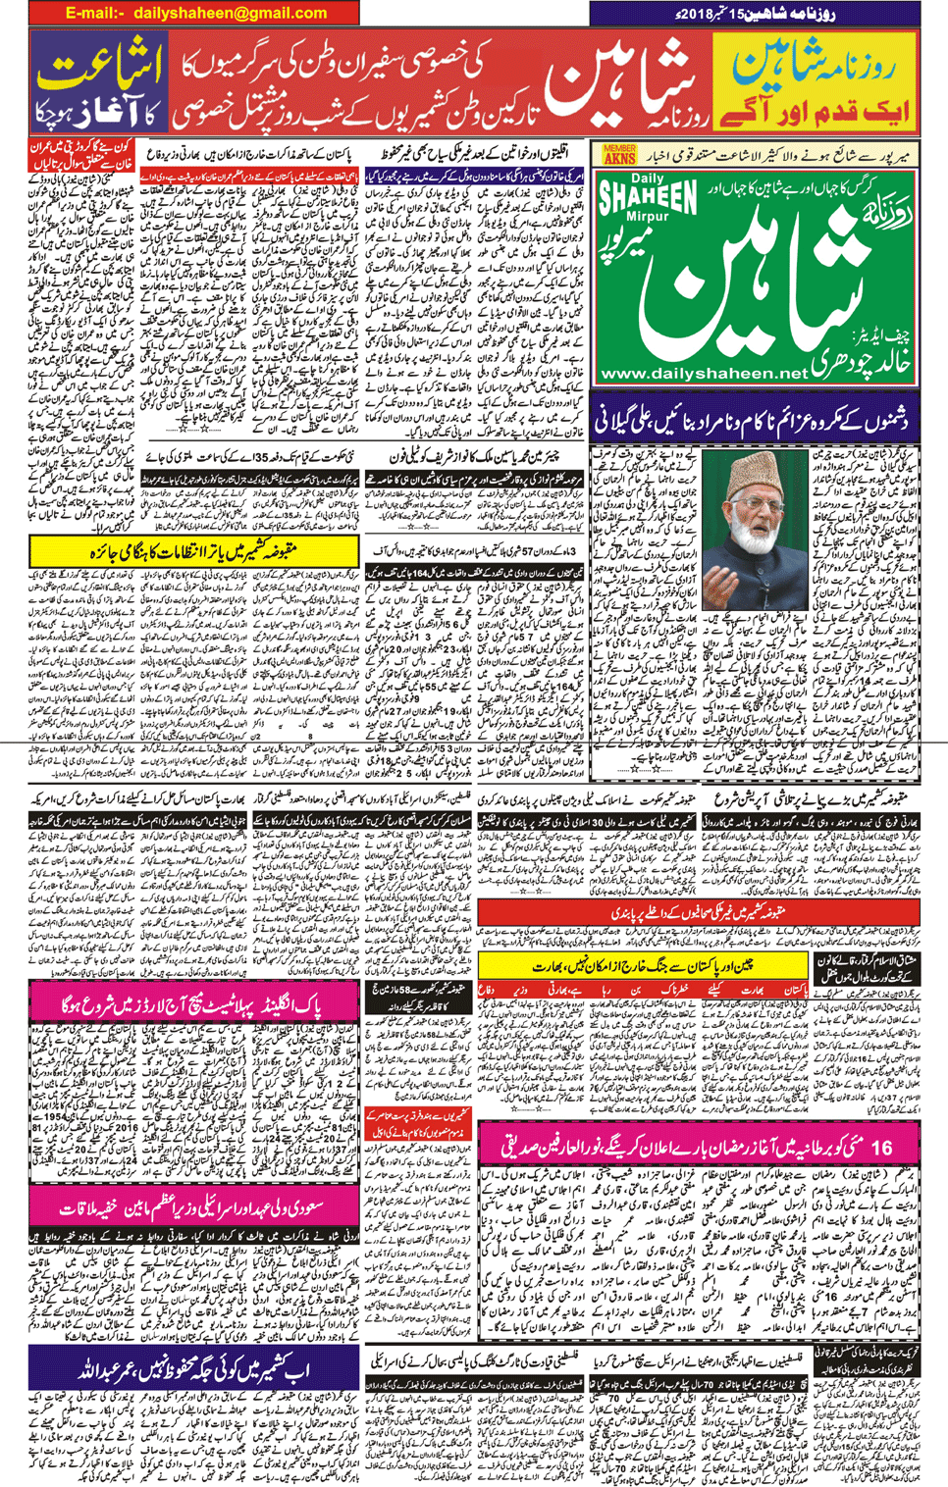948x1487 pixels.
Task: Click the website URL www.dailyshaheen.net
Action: point(703,374)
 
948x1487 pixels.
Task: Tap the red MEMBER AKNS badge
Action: point(619,154)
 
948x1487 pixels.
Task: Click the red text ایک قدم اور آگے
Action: point(815,111)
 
